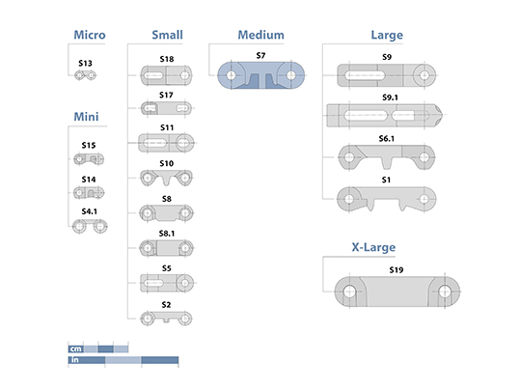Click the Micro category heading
[x=90, y=35]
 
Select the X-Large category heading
[x=373, y=247]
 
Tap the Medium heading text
[x=261, y=35]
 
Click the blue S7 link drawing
[x=261, y=75]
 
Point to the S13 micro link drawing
[x=85, y=75]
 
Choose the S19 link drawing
[x=397, y=292]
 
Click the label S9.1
[x=390, y=97]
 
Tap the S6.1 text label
[x=387, y=138]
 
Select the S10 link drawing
[x=166, y=178]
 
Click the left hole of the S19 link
[x=349, y=292]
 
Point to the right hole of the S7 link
[x=290, y=75]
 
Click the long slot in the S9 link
[x=365, y=75]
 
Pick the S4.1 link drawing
[x=90, y=226]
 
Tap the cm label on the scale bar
[x=76, y=348]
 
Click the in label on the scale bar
[x=75, y=360]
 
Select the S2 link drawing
[x=166, y=319]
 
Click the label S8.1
[x=167, y=234]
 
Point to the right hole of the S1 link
[x=424, y=199]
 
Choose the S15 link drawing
[x=89, y=159]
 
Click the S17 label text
[x=166, y=96]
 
